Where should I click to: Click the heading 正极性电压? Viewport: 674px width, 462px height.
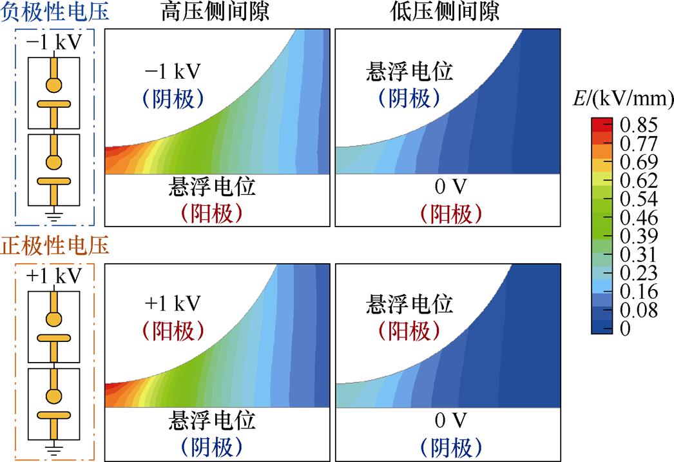point(55,246)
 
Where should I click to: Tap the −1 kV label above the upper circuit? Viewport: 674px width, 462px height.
point(55,43)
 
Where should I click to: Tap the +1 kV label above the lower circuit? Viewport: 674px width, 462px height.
point(55,276)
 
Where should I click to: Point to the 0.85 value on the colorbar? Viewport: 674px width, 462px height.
point(639,123)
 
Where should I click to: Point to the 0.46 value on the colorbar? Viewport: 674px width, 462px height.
point(639,217)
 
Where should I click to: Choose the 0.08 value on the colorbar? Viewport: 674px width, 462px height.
point(639,310)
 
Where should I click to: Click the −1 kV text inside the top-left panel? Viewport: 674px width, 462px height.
point(173,70)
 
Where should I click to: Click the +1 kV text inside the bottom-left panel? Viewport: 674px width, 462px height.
point(173,302)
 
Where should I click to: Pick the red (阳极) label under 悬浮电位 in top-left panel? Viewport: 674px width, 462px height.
point(212,214)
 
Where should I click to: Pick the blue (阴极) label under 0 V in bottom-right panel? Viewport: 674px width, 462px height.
point(450,447)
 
